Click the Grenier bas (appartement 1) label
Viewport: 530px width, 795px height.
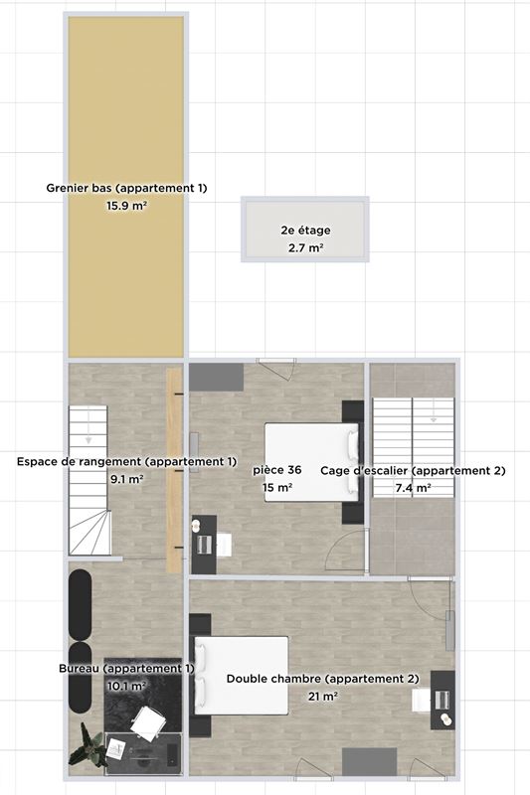pyautogui.click(x=127, y=188)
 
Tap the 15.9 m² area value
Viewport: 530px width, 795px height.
pyautogui.click(x=127, y=206)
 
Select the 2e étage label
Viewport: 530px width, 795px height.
pyautogui.click(x=306, y=231)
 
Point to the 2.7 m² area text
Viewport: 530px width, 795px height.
pyautogui.click(x=306, y=247)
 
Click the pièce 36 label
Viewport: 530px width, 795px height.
pyautogui.click(x=277, y=470)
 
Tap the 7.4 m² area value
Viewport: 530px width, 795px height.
pyautogui.click(x=414, y=488)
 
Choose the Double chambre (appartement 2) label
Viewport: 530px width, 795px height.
pyautogui.click(x=322, y=679)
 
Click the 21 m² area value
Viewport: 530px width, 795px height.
pyautogui.click(x=323, y=697)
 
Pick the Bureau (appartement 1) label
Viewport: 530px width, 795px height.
pyautogui.click(x=127, y=668)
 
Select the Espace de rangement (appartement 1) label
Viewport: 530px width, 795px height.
pyautogui.click(x=127, y=462)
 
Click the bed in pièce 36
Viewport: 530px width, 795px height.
pyautogui.click(x=312, y=462)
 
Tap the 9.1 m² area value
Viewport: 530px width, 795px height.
pyautogui.click(x=127, y=479)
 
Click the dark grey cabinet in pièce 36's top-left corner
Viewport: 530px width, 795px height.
pyautogui.click(x=217, y=377)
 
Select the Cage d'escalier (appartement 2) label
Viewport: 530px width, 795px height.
pyautogui.click(x=414, y=470)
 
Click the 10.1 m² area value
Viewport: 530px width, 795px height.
pyautogui.click(x=127, y=686)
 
